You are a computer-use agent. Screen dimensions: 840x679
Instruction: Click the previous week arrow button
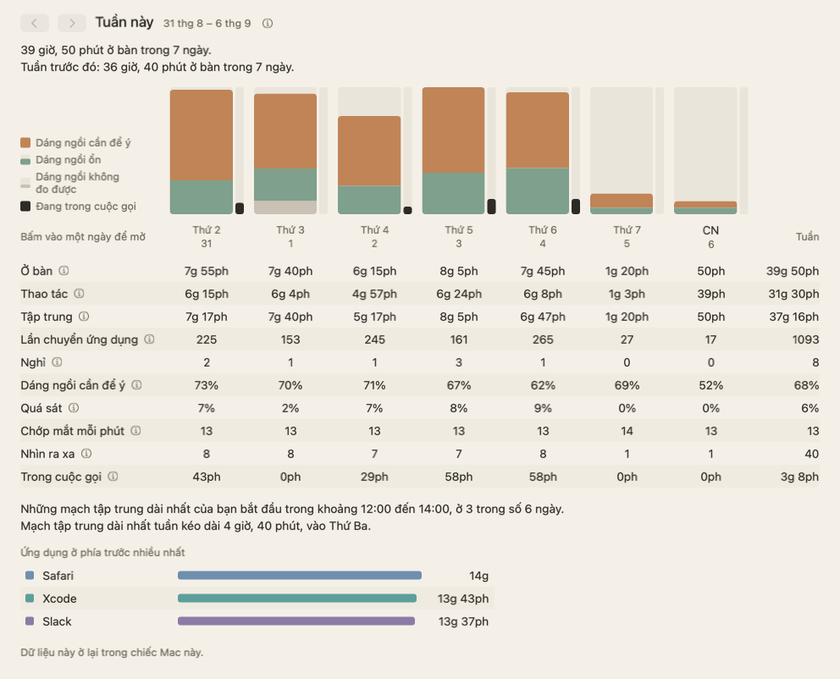pos(35,23)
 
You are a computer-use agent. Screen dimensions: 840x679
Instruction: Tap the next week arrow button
pos(72,23)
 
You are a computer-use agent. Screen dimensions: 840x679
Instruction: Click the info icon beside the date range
pos(268,24)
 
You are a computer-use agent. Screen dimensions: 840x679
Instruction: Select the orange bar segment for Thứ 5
pos(453,130)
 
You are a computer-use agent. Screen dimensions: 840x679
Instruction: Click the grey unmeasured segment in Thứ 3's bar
pos(285,207)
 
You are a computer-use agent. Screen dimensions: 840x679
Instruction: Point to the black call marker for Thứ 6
pos(576,207)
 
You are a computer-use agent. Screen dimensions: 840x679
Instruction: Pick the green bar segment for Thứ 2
pos(202,197)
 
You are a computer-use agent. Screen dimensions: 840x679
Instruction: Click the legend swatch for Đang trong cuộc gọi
pos(25,207)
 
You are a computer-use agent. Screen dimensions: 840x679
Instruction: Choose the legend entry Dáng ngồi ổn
pos(68,159)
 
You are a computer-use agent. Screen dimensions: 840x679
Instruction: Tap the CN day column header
pos(711,237)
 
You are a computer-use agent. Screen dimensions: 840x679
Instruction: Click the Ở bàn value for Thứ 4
pos(374,271)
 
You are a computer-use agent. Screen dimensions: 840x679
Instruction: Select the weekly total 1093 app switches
pos(806,339)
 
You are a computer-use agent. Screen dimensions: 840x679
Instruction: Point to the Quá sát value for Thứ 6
pos(543,408)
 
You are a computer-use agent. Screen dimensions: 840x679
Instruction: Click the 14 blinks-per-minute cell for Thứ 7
pos(627,431)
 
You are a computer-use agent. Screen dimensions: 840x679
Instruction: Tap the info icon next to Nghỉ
pos(57,362)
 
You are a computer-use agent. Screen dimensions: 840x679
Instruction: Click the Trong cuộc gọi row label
pos(61,477)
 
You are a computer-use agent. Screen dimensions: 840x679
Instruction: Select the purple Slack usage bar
pos(296,621)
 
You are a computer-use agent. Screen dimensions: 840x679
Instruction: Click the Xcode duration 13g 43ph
pos(463,599)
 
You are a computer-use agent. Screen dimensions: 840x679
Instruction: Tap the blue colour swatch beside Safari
pos(30,575)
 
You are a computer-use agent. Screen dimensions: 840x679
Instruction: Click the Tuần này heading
pos(124,23)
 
